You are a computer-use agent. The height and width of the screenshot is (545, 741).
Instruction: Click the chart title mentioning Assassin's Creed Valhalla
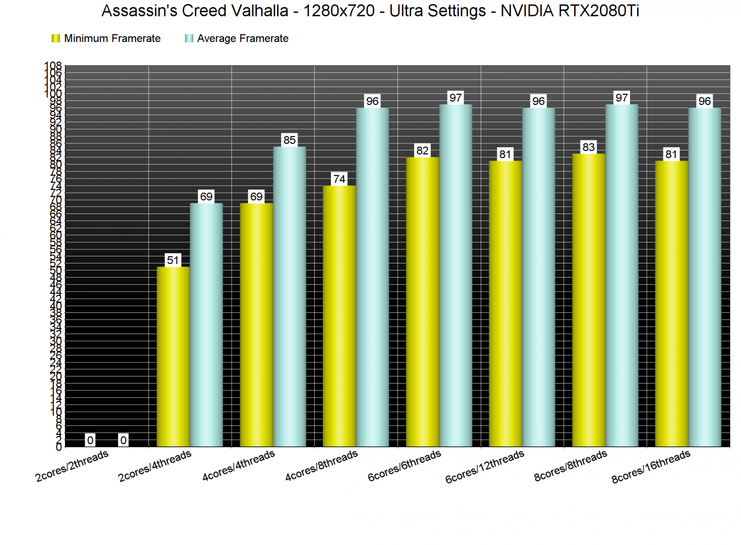[x=370, y=11]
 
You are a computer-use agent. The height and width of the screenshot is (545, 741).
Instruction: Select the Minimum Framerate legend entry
[x=106, y=38]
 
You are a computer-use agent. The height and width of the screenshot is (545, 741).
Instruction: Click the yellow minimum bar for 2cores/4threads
[x=173, y=356]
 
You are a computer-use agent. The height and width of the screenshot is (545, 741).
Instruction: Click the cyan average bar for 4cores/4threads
[x=290, y=296]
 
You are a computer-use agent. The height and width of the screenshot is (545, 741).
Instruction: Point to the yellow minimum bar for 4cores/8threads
[x=339, y=316]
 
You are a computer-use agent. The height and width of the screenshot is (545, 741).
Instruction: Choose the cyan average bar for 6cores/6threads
[x=455, y=275]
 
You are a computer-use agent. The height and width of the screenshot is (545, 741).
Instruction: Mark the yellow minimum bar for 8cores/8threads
[x=588, y=300]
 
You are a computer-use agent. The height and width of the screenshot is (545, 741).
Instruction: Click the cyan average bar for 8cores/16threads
[x=704, y=277]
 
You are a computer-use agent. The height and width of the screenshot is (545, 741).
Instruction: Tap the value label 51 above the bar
[x=173, y=260]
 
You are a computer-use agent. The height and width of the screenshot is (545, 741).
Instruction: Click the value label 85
[x=290, y=140]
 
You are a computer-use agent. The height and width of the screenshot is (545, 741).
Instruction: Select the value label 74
[x=339, y=179]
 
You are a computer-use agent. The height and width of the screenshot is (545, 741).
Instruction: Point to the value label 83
[x=588, y=147]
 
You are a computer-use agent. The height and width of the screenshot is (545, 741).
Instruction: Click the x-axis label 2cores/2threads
[x=72, y=466]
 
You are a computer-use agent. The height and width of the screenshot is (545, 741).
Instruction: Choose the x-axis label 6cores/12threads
[x=485, y=467]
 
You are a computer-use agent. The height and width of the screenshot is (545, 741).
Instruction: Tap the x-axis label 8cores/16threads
[x=651, y=467]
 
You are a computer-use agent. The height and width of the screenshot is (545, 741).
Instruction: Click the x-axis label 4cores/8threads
[x=321, y=466]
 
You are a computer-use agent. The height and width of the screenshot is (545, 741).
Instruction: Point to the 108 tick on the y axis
[x=53, y=66]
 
